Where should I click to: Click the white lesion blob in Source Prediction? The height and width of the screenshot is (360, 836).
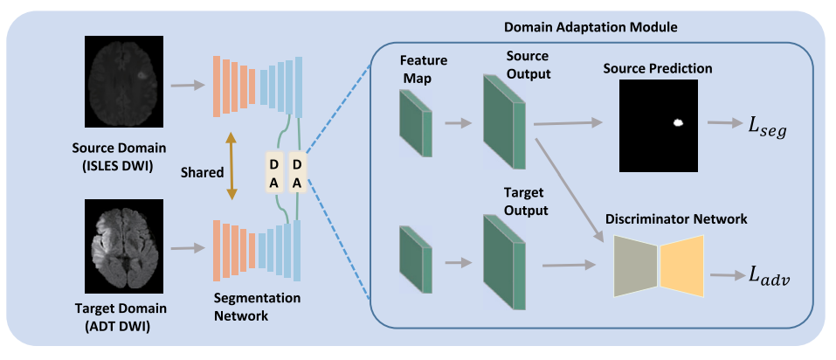tap(676, 123)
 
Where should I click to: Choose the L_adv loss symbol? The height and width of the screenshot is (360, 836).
tap(769, 274)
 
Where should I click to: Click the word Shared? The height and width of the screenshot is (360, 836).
tap(196, 172)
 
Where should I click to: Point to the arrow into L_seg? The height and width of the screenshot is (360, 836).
tap(722, 123)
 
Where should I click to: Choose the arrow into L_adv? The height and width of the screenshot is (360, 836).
tap(724, 274)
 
